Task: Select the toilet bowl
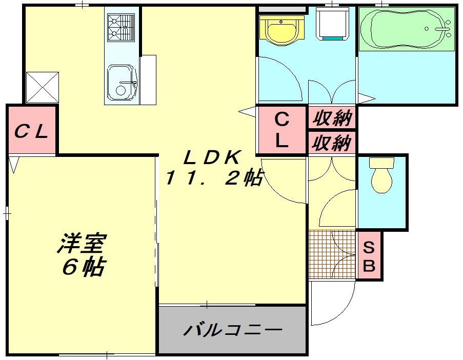(x=382, y=177)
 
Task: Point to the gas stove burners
(x=121, y=27)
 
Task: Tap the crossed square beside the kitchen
(x=42, y=87)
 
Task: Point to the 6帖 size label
(x=84, y=267)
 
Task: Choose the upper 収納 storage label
(x=332, y=118)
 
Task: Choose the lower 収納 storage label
(x=332, y=143)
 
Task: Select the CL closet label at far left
(x=31, y=132)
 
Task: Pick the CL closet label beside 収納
(x=281, y=131)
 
